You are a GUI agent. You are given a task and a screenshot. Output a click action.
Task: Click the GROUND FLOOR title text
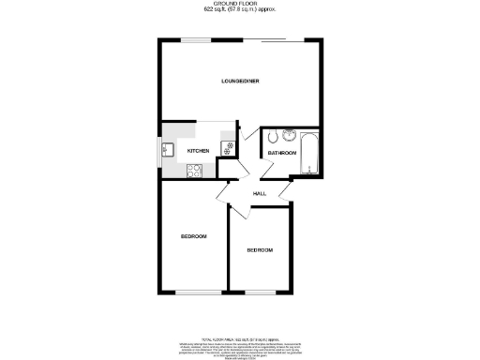240,5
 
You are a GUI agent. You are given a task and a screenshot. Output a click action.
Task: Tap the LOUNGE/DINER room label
240,82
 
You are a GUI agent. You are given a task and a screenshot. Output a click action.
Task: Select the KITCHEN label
198,151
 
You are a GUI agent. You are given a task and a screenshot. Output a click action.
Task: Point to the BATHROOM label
282,152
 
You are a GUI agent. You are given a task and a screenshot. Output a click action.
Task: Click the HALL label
259,193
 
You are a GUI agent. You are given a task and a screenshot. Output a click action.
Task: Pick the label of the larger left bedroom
193,236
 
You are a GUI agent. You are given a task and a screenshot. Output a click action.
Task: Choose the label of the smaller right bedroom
260,250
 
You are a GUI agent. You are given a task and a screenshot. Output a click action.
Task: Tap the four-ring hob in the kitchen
194,171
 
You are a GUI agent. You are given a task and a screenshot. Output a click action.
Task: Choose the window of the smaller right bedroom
261,292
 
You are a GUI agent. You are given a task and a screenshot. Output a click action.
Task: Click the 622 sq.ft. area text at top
240,11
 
